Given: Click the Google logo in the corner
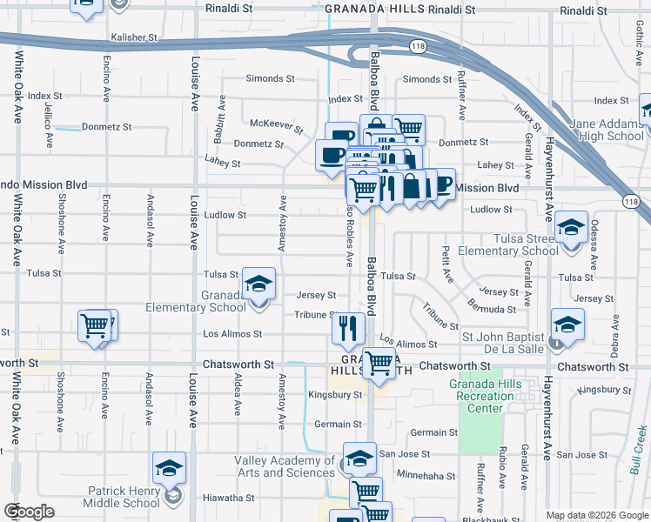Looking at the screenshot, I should (28, 512).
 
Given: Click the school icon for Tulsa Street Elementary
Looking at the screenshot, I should (571, 230).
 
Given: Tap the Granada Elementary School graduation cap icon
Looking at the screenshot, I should (258, 285).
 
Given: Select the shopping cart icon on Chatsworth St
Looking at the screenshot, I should (379, 364).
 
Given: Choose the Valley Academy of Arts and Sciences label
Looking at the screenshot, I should (284, 466).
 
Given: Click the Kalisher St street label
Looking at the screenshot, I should (133, 38).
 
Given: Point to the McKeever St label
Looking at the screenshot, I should (276, 127).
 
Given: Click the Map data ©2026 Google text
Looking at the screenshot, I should (597, 515).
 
